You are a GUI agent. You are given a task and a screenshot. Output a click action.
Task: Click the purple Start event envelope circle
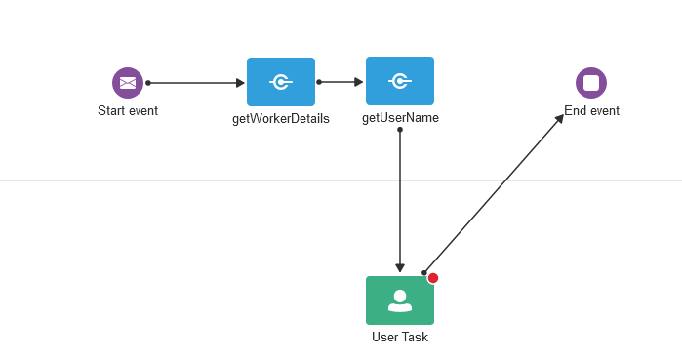click(128, 83)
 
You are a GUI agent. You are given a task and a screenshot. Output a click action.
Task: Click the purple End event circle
click(591, 83)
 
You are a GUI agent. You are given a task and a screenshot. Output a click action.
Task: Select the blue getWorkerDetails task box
click(281, 82)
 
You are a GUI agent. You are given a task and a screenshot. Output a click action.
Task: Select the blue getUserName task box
click(400, 81)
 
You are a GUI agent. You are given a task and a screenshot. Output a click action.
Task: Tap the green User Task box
click(400, 300)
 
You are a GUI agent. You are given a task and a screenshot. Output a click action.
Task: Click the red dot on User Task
click(433, 278)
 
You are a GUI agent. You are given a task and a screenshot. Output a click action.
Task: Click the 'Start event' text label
click(128, 111)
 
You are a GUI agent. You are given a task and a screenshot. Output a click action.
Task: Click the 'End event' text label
click(591, 111)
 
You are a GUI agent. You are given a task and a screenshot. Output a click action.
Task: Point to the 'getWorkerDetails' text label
click(281, 119)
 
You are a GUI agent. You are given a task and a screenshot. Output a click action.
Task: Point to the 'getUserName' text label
click(400, 118)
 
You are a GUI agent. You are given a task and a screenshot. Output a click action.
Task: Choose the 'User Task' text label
click(400, 338)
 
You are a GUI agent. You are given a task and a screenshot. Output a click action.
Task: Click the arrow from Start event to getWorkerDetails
click(195, 83)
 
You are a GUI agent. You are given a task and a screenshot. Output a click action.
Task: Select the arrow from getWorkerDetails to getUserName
click(340, 82)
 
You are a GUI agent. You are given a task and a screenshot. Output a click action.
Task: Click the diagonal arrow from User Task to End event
click(493, 194)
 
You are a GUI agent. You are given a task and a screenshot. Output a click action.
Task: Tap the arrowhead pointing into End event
click(559, 119)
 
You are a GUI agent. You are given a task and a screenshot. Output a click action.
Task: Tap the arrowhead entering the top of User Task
click(400, 268)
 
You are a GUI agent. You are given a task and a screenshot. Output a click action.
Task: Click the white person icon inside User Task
click(400, 300)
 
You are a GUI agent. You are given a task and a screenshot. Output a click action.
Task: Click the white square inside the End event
click(591, 83)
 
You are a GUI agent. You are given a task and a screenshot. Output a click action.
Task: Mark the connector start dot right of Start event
click(148, 83)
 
